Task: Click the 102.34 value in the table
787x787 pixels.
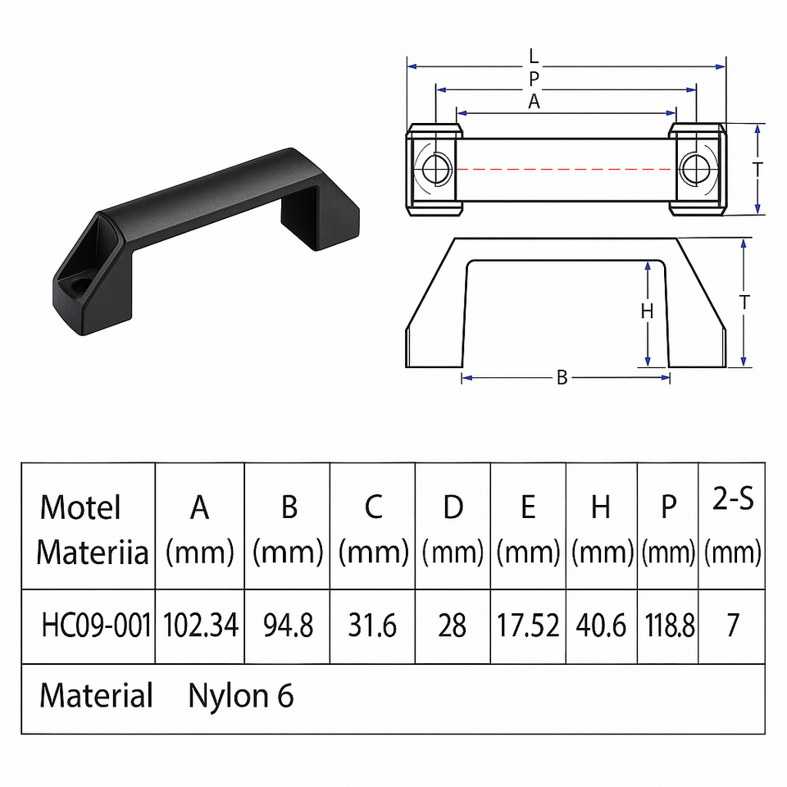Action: tap(201, 626)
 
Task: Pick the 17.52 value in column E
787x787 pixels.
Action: tap(529, 626)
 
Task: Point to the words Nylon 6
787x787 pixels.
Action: tap(241, 696)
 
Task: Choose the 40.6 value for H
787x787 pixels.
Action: tap(601, 626)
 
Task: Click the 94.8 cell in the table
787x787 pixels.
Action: tap(288, 626)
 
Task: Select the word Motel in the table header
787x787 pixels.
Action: tap(80, 507)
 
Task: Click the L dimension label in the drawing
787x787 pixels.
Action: tap(534, 57)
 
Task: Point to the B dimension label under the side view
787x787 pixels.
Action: tap(562, 377)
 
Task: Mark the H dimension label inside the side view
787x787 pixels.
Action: tap(646, 312)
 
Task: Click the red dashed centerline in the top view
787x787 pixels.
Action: tap(566, 169)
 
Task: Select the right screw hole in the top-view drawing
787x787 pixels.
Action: tap(695, 169)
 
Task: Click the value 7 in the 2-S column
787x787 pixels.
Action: tap(732, 626)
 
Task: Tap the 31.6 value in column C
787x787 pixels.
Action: tap(373, 626)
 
